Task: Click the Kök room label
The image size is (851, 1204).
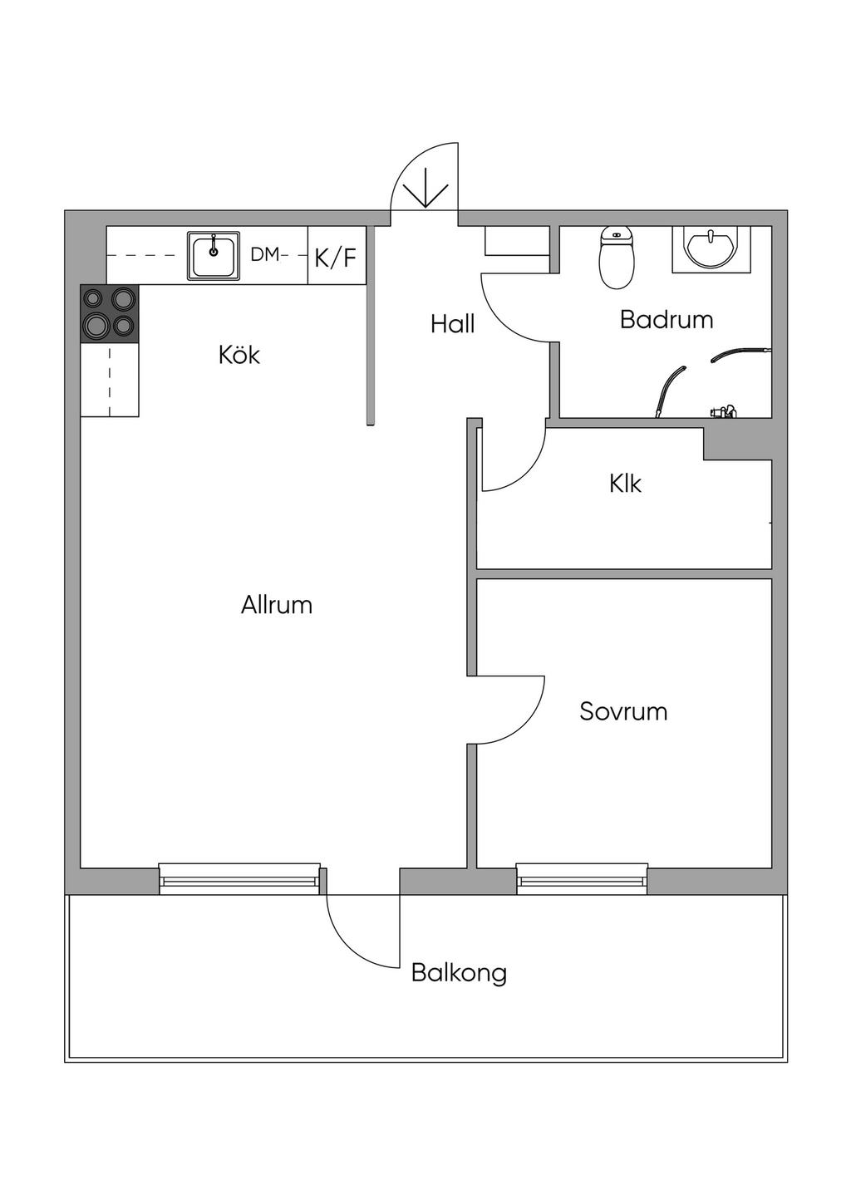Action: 239,355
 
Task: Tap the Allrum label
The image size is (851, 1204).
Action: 277,605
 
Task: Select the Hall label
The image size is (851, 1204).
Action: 452,324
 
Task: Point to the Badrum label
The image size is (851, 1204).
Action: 667,320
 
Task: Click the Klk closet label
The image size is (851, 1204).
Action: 625,484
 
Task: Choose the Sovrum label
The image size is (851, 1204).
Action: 623,711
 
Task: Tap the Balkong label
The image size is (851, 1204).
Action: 459,973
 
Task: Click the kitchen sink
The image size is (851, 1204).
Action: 214,256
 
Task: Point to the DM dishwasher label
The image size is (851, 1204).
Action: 265,255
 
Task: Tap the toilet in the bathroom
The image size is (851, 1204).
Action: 617,257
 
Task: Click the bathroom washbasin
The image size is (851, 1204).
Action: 710,248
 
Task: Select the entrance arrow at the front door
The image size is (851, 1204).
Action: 425,189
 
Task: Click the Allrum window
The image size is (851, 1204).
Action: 239,878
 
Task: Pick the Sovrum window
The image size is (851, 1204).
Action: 582,878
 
